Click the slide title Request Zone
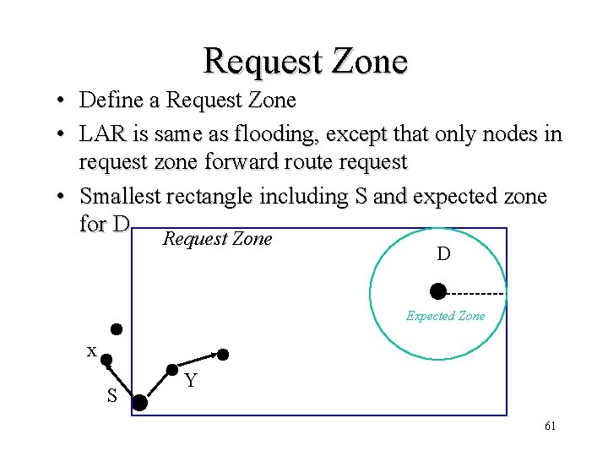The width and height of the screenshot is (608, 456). click(x=305, y=61)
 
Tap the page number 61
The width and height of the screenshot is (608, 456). click(x=550, y=426)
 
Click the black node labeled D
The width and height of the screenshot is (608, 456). click(x=437, y=292)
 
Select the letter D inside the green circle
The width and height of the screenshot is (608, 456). click(x=442, y=253)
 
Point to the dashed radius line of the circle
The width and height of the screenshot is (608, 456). click(x=475, y=293)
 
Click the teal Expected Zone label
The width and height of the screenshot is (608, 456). click(x=445, y=316)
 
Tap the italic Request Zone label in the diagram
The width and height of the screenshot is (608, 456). click(x=217, y=239)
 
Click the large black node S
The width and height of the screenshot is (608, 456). click(x=139, y=403)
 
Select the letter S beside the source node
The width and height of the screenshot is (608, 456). click(x=111, y=396)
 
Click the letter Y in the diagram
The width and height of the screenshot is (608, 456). click(x=191, y=382)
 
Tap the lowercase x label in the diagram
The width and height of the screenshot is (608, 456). click(x=91, y=350)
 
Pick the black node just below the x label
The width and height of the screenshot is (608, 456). click(x=107, y=361)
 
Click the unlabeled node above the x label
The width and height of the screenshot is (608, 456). click(x=117, y=328)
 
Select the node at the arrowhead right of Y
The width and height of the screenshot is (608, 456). click(x=224, y=353)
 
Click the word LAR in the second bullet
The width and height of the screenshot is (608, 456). click(x=100, y=135)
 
